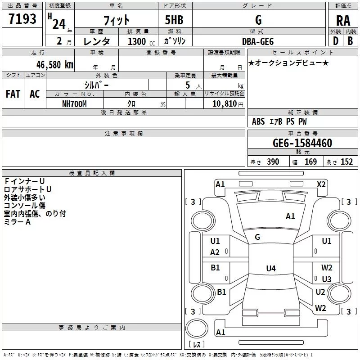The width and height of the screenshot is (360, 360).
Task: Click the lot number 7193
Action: pyautogui.click(x=22, y=19)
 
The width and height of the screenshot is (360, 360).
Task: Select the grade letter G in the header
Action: pyautogui.click(x=258, y=20)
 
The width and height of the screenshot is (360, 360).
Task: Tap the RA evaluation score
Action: pyautogui.click(x=343, y=21)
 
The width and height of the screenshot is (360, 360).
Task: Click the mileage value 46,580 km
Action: pyautogui.click(x=54, y=65)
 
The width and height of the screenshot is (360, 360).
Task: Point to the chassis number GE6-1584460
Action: pyautogui.click(x=302, y=143)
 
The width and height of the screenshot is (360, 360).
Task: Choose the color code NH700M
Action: pyautogui.click(x=74, y=104)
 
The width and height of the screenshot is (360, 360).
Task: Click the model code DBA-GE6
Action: pyautogui.click(x=258, y=41)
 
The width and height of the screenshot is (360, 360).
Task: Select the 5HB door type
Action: pyautogui.click(x=174, y=20)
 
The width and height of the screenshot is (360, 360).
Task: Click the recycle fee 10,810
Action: pyautogui.click(x=224, y=104)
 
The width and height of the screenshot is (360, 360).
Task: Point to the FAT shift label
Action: pyautogui.click(x=13, y=94)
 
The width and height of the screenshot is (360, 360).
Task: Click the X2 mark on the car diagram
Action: pyautogui.click(x=321, y=184)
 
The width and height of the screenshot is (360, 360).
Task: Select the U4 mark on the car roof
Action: pyautogui.click(x=271, y=268)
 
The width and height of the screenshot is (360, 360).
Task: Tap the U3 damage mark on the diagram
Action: pyautogui.click(x=327, y=279)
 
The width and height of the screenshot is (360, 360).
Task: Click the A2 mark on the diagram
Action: pyautogui.click(x=215, y=252)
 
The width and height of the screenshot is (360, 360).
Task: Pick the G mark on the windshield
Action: pyautogui.click(x=257, y=237)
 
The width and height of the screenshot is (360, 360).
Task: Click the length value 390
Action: pyautogui.click(x=273, y=162)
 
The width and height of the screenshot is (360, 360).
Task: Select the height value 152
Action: pyautogui.click(x=346, y=162)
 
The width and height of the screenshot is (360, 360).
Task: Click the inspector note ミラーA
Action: pyautogui.click(x=17, y=222)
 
